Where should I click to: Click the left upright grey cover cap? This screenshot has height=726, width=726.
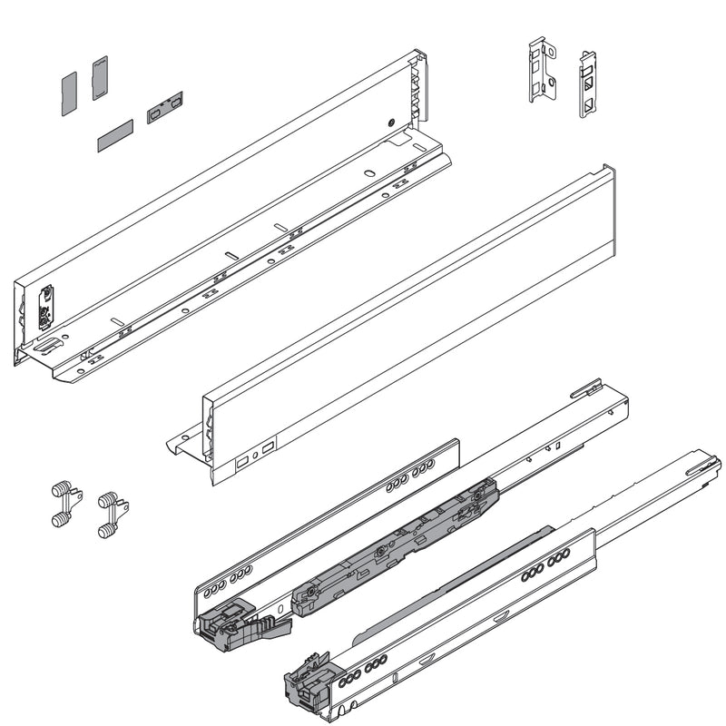[x=68, y=93]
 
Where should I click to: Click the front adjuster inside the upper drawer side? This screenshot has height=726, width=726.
[x=44, y=308]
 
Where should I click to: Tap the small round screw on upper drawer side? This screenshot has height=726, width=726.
[x=389, y=122]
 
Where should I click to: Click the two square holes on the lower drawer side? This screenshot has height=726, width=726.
[x=255, y=455]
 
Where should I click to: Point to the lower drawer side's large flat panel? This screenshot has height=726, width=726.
[x=408, y=318]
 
